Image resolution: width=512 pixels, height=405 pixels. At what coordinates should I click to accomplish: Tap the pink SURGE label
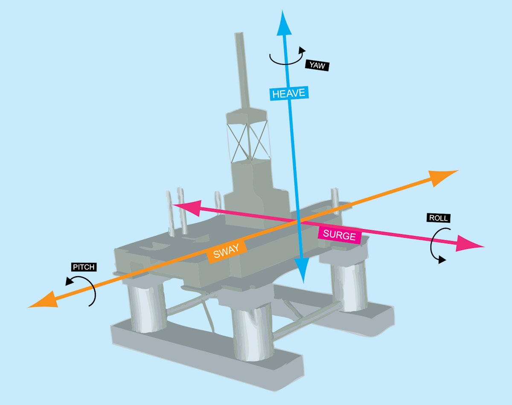pos(339,234)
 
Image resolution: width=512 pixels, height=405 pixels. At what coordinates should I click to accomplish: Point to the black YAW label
pos(317,65)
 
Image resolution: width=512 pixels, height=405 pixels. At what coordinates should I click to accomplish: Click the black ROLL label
pos(438,218)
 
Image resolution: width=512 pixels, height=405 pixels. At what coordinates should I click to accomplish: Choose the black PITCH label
pos(84,268)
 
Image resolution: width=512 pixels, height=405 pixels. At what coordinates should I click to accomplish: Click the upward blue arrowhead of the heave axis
pos(284,23)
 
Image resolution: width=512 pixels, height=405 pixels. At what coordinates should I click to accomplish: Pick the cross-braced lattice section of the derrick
pos(247,141)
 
